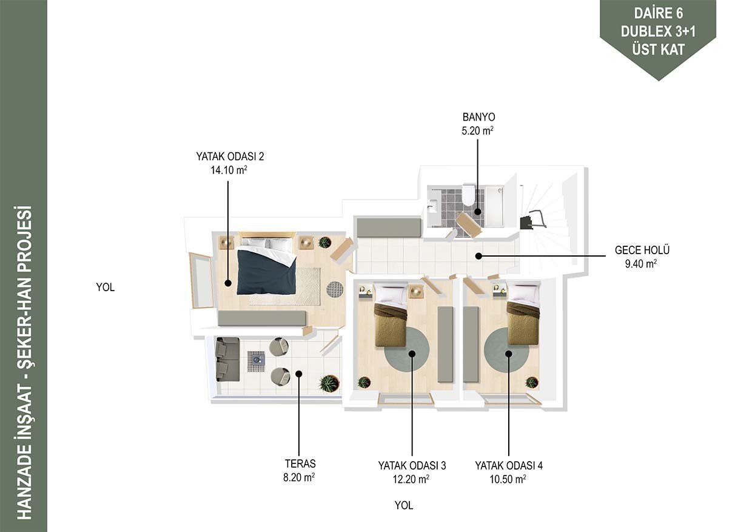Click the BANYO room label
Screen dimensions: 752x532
(478, 117)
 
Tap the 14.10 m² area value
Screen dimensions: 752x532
(229, 170)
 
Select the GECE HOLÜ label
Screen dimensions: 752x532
(642, 250)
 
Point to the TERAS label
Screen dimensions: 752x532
(300, 464)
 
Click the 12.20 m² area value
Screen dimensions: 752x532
(411, 479)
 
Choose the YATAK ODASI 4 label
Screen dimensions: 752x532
(509, 465)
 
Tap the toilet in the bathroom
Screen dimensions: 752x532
(468, 195)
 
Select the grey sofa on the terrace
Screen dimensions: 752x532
(227, 359)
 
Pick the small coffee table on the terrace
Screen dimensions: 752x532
(256, 362)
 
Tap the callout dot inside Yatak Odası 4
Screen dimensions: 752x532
(509, 354)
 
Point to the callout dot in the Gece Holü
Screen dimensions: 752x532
(478, 256)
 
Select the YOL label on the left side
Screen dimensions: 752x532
(106, 287)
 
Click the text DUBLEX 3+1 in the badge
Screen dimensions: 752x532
(658, 32)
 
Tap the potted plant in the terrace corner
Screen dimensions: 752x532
(329, 383)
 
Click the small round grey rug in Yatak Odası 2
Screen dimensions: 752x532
(335, 289)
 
